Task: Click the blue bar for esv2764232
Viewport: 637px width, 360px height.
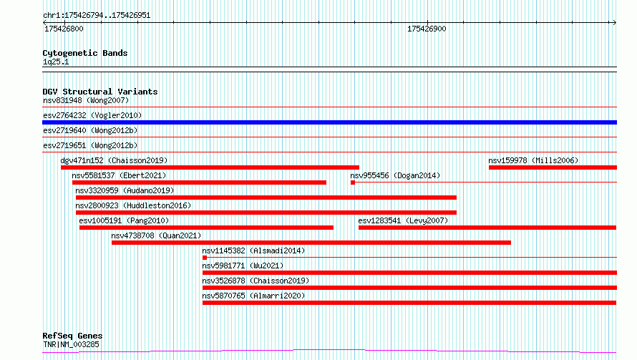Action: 329,122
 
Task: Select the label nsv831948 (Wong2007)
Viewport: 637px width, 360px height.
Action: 86,100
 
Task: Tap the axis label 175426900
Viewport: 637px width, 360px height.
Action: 427,29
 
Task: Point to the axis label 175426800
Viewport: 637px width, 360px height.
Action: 64,29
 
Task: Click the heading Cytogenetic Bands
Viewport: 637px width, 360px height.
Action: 85,53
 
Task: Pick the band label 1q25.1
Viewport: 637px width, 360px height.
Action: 56,62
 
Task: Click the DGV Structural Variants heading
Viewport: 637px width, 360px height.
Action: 100,92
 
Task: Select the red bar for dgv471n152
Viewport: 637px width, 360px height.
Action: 210,167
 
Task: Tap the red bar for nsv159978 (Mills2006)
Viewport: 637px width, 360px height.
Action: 553,167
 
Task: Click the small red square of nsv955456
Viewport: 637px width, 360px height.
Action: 353,183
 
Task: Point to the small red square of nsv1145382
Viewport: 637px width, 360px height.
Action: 205,258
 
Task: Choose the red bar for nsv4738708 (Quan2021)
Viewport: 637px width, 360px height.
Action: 311,243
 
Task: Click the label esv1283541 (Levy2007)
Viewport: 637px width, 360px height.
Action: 403,220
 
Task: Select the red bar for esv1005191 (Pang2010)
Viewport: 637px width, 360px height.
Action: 206,228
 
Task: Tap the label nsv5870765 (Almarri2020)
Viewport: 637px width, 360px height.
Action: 253,296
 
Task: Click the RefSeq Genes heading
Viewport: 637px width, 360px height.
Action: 72,336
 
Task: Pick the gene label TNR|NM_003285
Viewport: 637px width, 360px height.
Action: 71,344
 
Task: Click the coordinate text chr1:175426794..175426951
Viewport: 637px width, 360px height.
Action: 97,16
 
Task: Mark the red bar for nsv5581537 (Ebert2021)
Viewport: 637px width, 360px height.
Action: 199,183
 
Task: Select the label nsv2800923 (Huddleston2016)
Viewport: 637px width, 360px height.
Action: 133,205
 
